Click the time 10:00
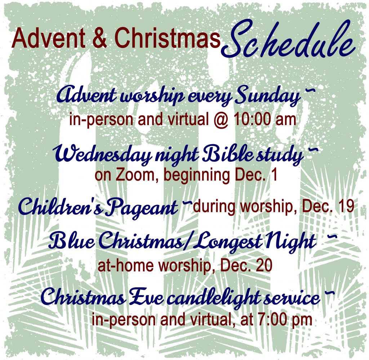pos(252,119)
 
